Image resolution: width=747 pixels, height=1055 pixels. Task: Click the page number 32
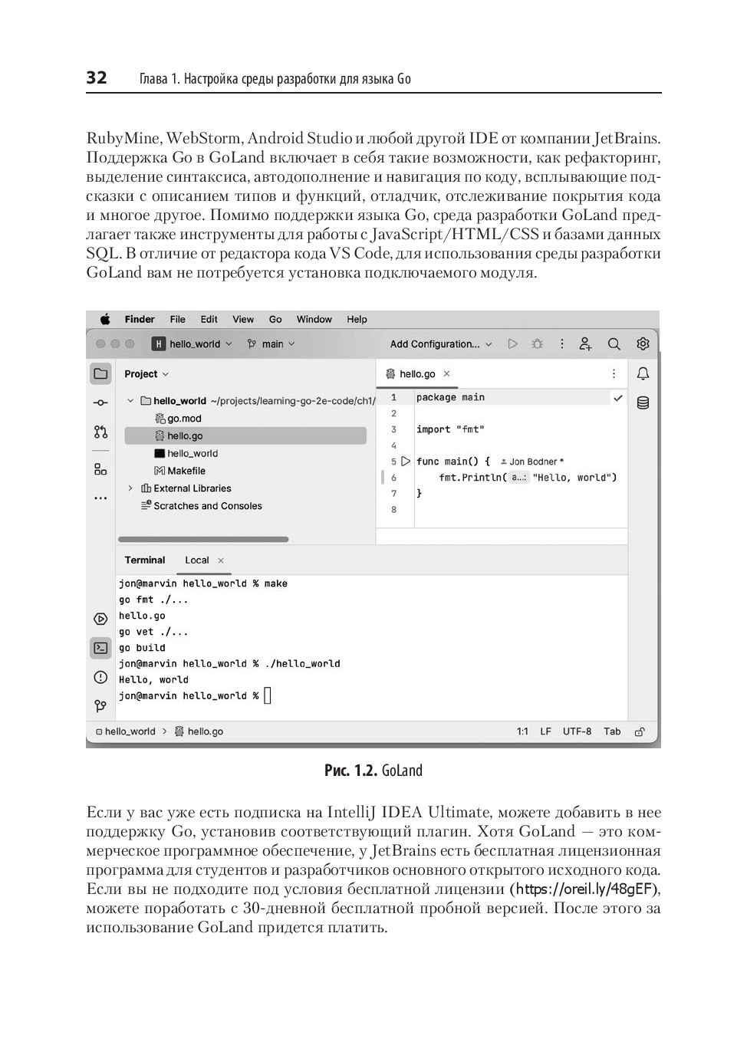(x=97, y=77)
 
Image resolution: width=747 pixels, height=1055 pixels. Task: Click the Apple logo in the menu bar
(x=106, y=320)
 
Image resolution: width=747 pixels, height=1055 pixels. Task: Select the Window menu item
(x=314, y=320)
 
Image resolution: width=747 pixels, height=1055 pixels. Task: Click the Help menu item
(x=357, y=320)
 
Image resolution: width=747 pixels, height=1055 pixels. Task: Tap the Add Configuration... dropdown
(x=440, y=344)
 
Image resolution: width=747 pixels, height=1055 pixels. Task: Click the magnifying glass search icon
(x=614, y=344)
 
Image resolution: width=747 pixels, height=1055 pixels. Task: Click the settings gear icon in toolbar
(x=643, y=344)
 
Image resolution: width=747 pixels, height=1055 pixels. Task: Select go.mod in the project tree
(x=184, y=419)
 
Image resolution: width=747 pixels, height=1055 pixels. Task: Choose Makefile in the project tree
(x=186, y=471)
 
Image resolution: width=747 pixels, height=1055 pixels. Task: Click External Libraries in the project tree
(x=192, y=488)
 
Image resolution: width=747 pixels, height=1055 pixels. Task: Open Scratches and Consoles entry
(x=207, y=506)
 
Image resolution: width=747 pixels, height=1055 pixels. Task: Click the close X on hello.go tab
(x=446, y=374)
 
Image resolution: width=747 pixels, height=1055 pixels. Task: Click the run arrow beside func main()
(x=406, y=462)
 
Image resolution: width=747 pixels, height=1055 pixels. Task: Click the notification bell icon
(x=643, y=374)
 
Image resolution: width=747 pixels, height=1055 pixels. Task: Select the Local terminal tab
(x=196, y=560)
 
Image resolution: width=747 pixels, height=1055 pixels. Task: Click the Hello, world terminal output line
(x=153, y=680)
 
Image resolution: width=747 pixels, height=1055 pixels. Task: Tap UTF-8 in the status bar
(x=577, y=731)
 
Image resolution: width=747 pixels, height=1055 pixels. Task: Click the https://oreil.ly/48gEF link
(x=587, y=889)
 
